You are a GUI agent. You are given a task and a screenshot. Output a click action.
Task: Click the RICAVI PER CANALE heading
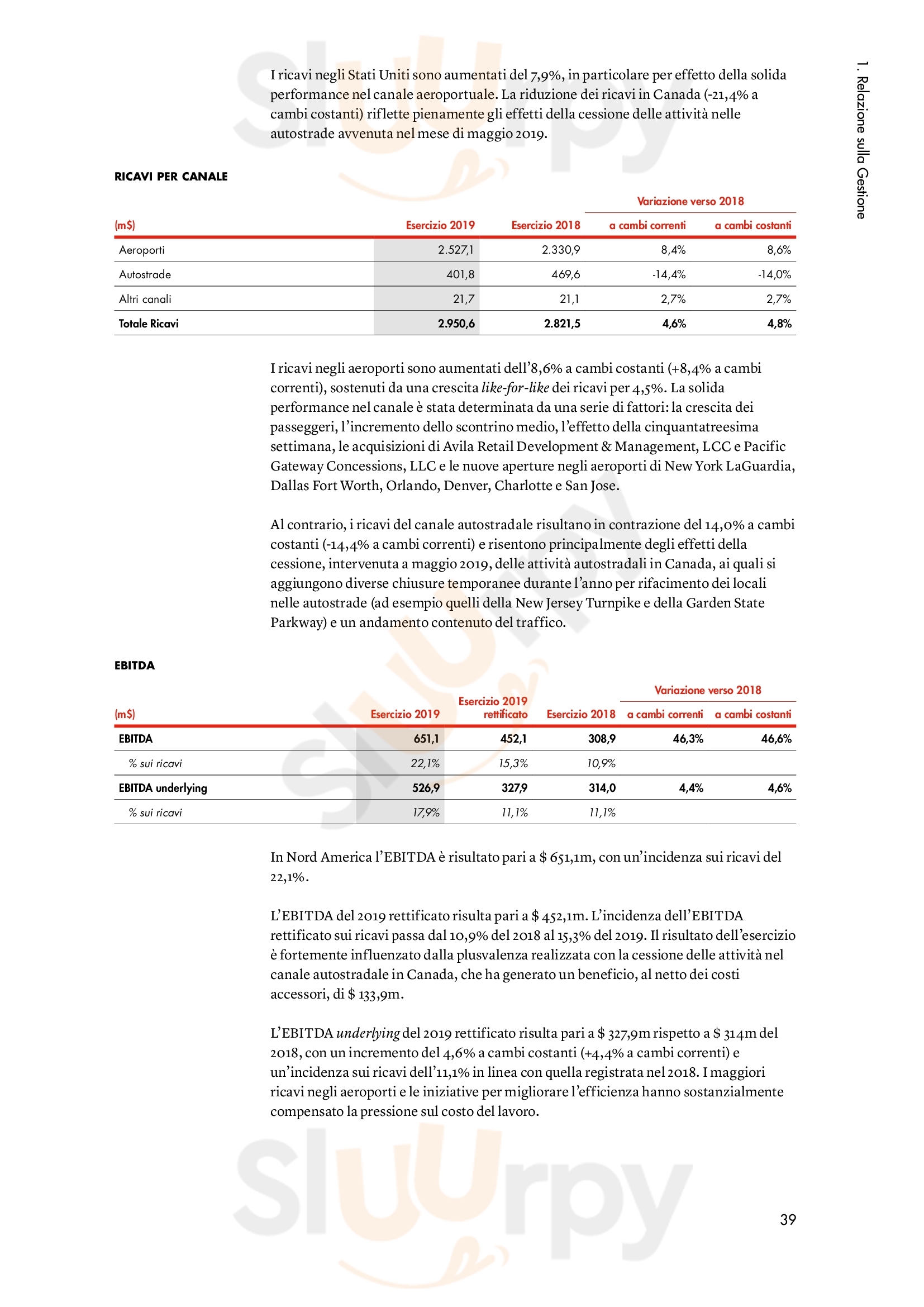point(171,177)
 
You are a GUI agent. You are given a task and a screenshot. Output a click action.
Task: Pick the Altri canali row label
point(145,299)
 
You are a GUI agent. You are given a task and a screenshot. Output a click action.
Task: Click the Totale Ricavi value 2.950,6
point(456,324)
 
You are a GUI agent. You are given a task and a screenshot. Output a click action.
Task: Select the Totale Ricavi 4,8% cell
point(779,324)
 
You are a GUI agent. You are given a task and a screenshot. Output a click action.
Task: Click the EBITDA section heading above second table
point(134,666)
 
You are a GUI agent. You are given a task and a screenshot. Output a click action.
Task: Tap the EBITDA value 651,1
point(426,739)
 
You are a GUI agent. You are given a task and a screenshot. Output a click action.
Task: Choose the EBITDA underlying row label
point(163,788)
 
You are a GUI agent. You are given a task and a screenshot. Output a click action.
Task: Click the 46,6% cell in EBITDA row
point(776,739)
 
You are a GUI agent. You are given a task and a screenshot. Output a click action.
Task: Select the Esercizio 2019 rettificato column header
point(493,707)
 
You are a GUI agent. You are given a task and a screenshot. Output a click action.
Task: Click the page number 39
point(788,1219)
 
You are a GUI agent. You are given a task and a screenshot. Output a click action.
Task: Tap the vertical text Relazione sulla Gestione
point(862,140)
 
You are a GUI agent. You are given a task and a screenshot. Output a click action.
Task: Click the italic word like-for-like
point(515,388)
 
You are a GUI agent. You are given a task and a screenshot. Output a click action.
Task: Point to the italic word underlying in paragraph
point(368,1033)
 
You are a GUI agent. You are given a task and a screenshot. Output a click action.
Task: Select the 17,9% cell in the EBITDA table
point(426,812)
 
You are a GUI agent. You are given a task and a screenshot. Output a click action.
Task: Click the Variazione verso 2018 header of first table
point(690,201)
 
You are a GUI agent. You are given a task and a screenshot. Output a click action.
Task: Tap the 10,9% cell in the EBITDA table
point(602,763)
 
